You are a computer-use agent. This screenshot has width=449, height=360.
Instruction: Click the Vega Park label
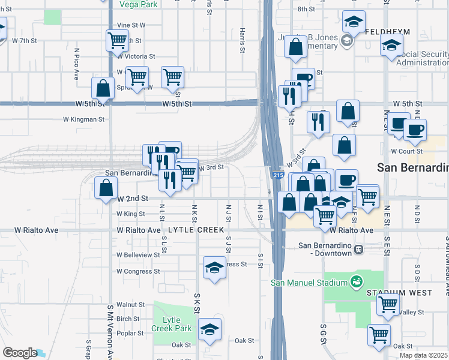click(x=138, y=4)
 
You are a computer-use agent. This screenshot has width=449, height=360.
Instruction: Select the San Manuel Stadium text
click(x=309, y=283)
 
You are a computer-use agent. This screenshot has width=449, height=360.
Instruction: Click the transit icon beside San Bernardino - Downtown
click(x=358, y=249)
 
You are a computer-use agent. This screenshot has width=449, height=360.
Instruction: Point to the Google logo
click(x=19, y=353)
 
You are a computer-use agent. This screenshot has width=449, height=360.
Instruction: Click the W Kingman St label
click(x=84, y=119)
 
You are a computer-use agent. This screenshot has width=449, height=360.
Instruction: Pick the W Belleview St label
click(x=139, y=255)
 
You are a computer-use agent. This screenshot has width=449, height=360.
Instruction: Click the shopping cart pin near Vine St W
click(x=117, y=40)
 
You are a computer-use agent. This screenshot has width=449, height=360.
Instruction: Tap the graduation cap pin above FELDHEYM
click(x=354, y=22)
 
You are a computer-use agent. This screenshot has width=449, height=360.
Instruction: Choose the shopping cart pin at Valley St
click(x=388, y=304)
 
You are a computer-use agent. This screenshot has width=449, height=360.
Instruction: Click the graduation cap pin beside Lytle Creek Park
click(x=209, y=329)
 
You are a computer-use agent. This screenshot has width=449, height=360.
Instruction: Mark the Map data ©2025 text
click(x=424, y=355)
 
